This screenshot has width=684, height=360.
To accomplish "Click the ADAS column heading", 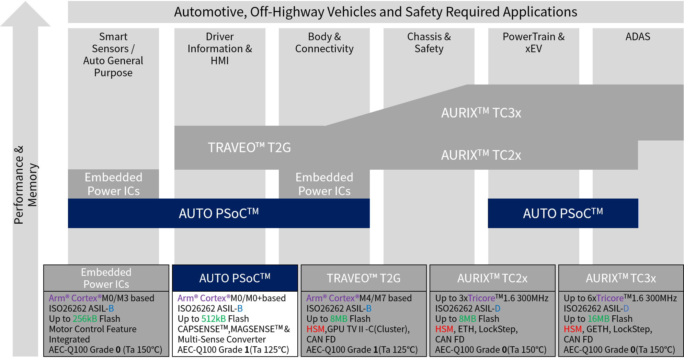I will (638, 37).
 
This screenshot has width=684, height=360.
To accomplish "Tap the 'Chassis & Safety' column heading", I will (429, 43).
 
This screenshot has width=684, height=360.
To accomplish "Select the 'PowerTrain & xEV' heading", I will (533, 43).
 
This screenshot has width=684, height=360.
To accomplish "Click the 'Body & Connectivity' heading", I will (324, 43).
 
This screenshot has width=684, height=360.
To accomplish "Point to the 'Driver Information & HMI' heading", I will (220, 48).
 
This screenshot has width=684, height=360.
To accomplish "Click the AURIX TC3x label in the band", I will (481, 113).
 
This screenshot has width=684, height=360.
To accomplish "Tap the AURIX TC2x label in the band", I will (481, 155).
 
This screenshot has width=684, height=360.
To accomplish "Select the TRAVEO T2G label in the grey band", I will (249, 148).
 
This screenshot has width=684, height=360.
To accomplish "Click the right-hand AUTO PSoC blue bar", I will (563, 213).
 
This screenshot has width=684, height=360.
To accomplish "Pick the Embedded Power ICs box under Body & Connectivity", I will (324, 184).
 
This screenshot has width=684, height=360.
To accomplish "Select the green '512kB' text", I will (213, 319).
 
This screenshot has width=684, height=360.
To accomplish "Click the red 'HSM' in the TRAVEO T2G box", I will (315, 329).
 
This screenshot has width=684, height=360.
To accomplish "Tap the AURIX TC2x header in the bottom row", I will (492, 278).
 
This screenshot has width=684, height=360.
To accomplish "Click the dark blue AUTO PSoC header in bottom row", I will (235, 278).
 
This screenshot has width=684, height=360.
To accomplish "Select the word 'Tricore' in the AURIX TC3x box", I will (610, 298).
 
